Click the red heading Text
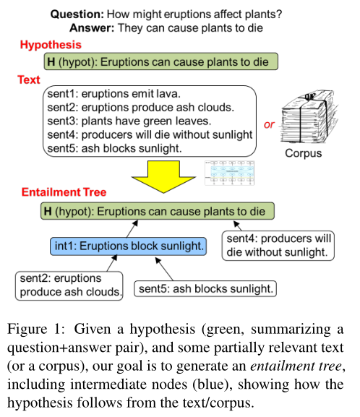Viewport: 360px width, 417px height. pos(30,79)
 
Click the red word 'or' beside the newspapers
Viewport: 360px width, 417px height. pos(269,124)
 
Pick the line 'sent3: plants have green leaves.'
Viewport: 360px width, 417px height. pos(117,121)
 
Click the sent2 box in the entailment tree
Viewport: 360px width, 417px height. pos(69,285)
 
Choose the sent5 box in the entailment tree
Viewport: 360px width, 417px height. pos(205,288)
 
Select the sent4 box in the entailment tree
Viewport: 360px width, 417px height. pos(279,245)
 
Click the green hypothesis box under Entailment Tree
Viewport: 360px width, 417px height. pos(158,212)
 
